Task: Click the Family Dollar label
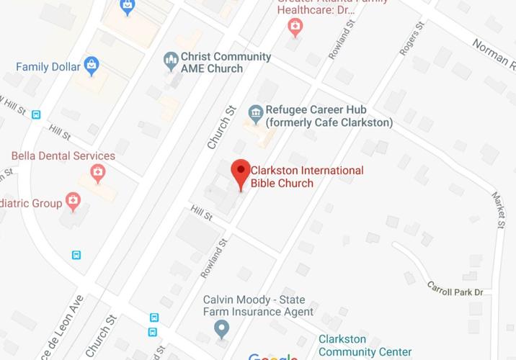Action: [x=48, y=67]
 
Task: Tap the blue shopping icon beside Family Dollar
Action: [x=91, y=66]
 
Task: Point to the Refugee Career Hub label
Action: [x=329, y=116]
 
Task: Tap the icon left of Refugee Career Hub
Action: [x=255, y=113]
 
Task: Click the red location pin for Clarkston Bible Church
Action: [x=240, y=174]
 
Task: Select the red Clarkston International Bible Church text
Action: [x=307, y=177]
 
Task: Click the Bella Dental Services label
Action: [x=63, y=156]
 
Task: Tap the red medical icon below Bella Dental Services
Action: [x=97, y=174]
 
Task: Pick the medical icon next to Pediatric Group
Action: [x=73, y=202]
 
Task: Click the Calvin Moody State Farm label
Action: [x=258, y=306]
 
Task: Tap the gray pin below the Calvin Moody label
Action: [x=222, y=329]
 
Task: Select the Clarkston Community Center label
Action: [x=365, y=346]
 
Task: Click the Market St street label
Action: [x=498, y=210]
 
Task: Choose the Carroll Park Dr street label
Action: [x=455, y=288]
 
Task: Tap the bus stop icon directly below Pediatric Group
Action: [x=76, y=255]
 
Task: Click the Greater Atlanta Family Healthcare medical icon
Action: [x=294, y=27]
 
